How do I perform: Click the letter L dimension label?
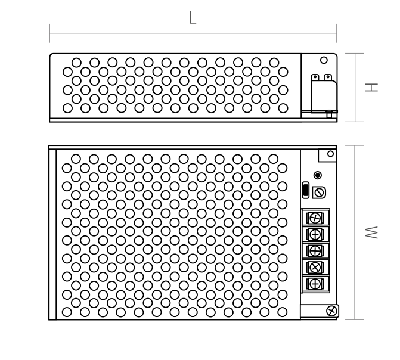pos(193,18)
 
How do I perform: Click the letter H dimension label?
pos(371,88)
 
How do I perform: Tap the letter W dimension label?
pos(371,232)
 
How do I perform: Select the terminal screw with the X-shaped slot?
pos(315,268)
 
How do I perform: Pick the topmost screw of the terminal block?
pos(315,218)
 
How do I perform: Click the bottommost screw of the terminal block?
pos(315,284)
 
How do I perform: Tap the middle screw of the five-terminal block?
pos(315,251)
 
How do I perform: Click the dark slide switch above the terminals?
pos(306,190)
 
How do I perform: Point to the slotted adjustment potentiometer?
pos(319,193)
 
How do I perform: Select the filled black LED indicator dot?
pos(318,175)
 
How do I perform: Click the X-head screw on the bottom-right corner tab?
pos(331,311)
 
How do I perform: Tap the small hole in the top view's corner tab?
pos(330,154)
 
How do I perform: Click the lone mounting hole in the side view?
pos(324,60)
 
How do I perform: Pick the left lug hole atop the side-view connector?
pos(315,76)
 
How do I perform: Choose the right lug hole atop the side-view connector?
pos(328,76)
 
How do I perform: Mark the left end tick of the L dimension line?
pos(49,33)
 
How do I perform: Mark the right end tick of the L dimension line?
pos(336,33)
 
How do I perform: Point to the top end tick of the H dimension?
pos(355,53)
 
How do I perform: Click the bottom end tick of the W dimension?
pos(355,319)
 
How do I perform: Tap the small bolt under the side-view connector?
pos(329,114)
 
